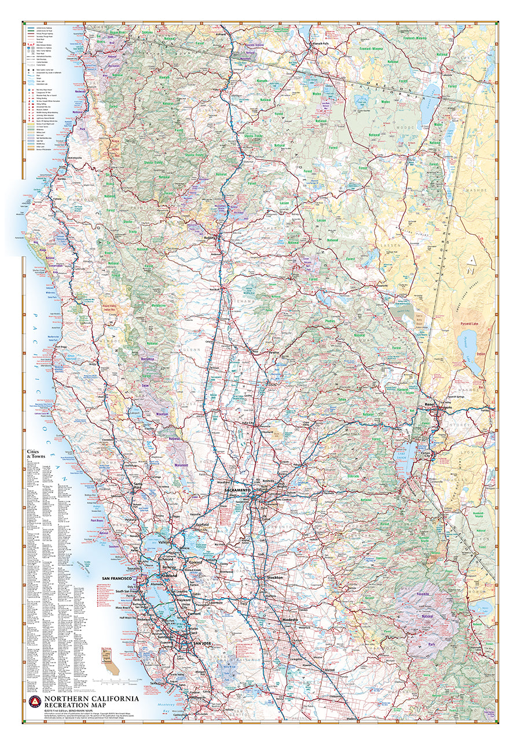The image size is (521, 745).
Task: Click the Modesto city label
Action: (289, 620)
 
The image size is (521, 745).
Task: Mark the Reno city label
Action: (429, 403)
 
